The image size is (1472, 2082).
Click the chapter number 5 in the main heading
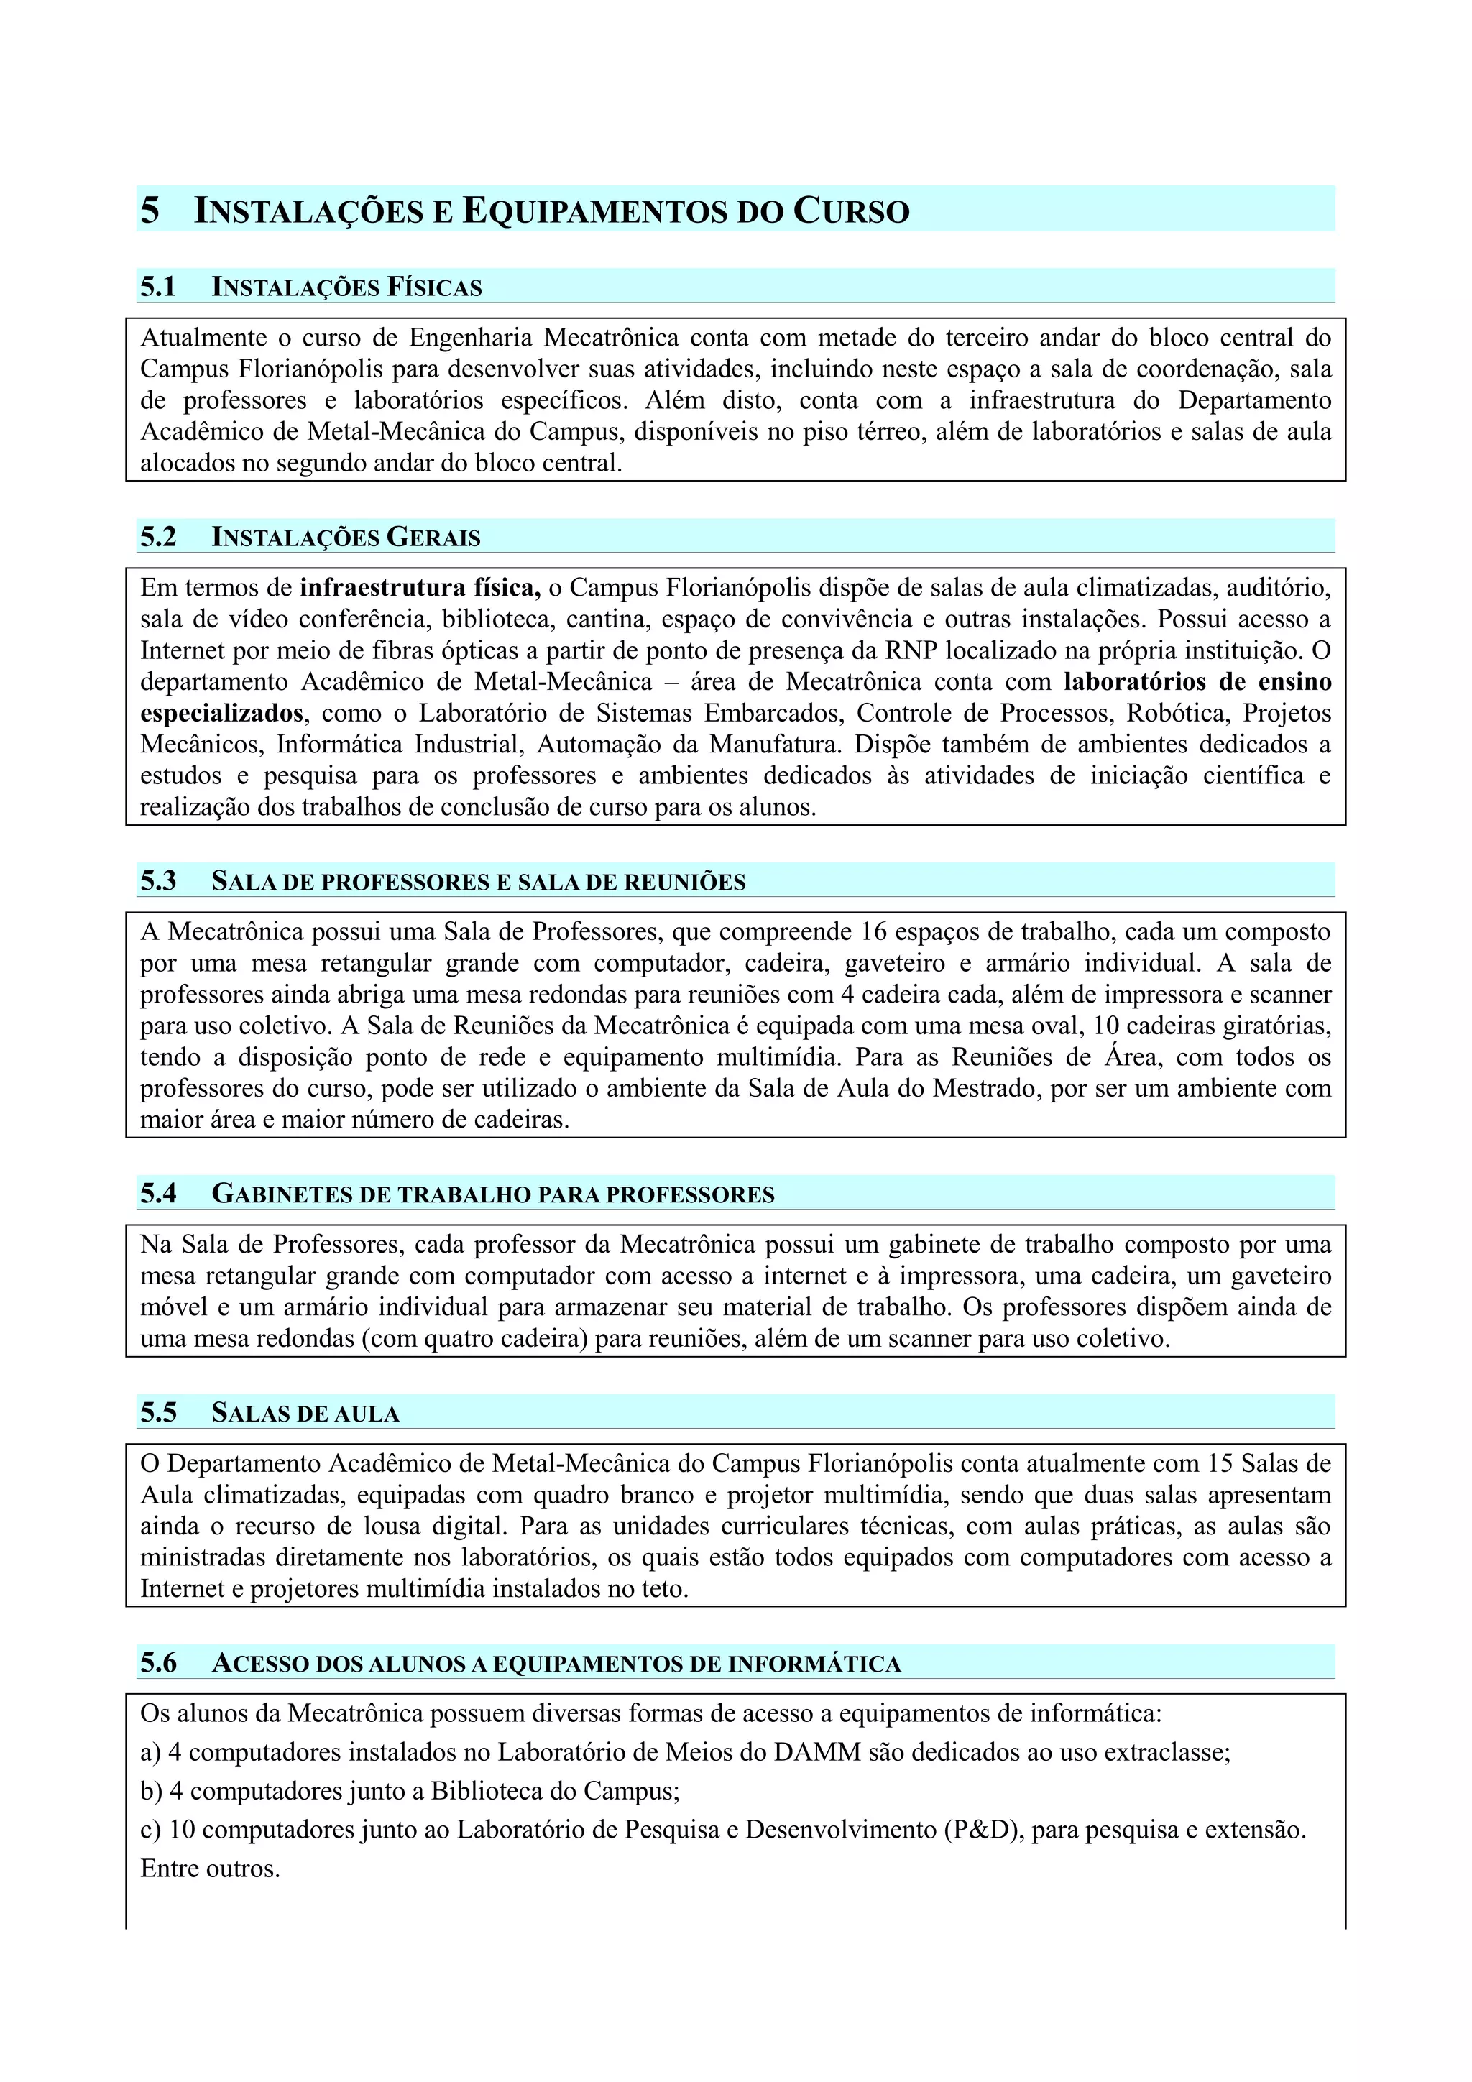point(149,211)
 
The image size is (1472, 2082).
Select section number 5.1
point(158,287)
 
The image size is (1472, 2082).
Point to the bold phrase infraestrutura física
point(420,588)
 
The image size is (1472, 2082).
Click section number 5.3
point(158,881)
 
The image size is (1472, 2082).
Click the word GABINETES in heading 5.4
point(284,1194)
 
